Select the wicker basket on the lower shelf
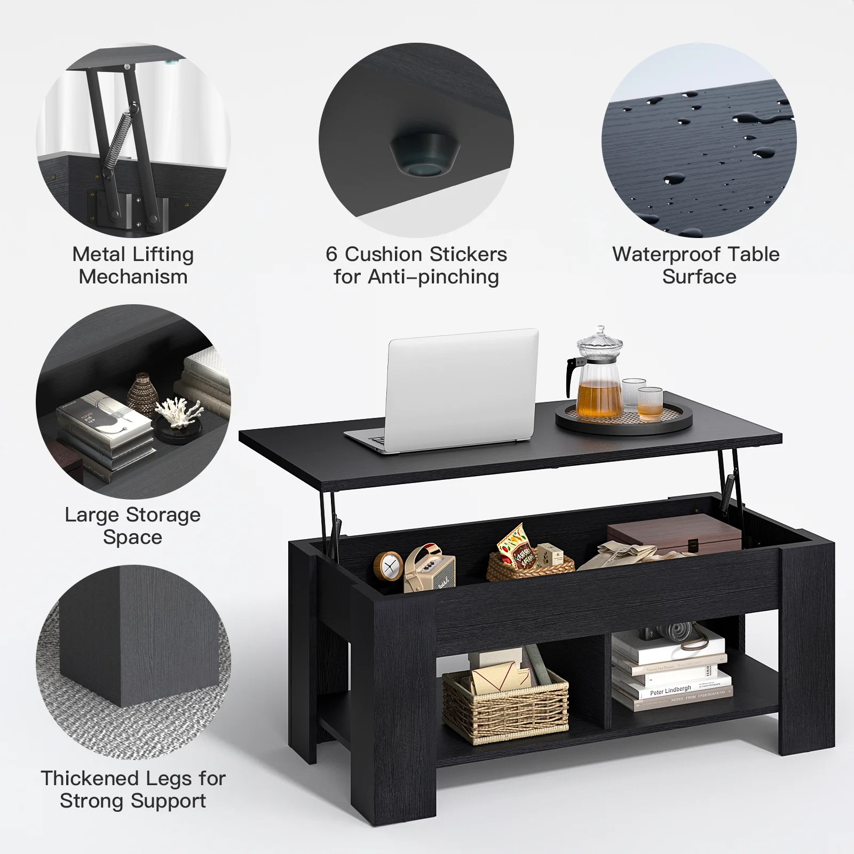click(x=505, y=705)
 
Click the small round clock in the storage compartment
click(x=388, y=566)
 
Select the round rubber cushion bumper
click(x=424, y=156)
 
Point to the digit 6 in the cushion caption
click(x=331, y=255)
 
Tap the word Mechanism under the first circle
click(x=133, y=277)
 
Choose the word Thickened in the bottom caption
click(x=94, y=778)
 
